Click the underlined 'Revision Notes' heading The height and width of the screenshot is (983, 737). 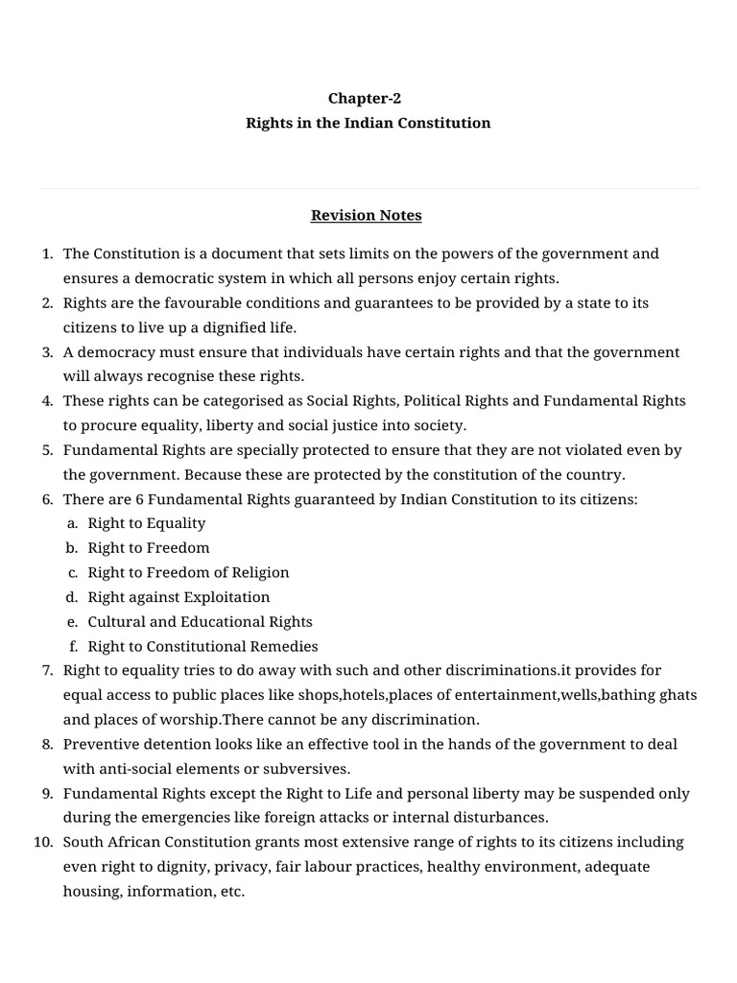point(366,215)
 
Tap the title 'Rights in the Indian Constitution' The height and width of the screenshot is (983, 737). point(368,123)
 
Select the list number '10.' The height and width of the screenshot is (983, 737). point(42,842)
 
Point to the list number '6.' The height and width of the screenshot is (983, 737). point(47,499)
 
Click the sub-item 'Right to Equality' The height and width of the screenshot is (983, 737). point(147,523)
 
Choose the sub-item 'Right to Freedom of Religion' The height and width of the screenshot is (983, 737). point(188,572)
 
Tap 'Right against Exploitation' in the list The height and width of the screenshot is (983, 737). point(178,597)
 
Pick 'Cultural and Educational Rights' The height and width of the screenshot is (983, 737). point(200,622)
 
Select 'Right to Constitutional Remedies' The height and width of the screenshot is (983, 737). point(202,646)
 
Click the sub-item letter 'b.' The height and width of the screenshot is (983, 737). point(72,548)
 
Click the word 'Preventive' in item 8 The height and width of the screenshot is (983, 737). point(99,744)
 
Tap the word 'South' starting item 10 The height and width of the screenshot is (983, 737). point(83,842)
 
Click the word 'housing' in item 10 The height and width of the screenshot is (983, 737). point(90,891)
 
